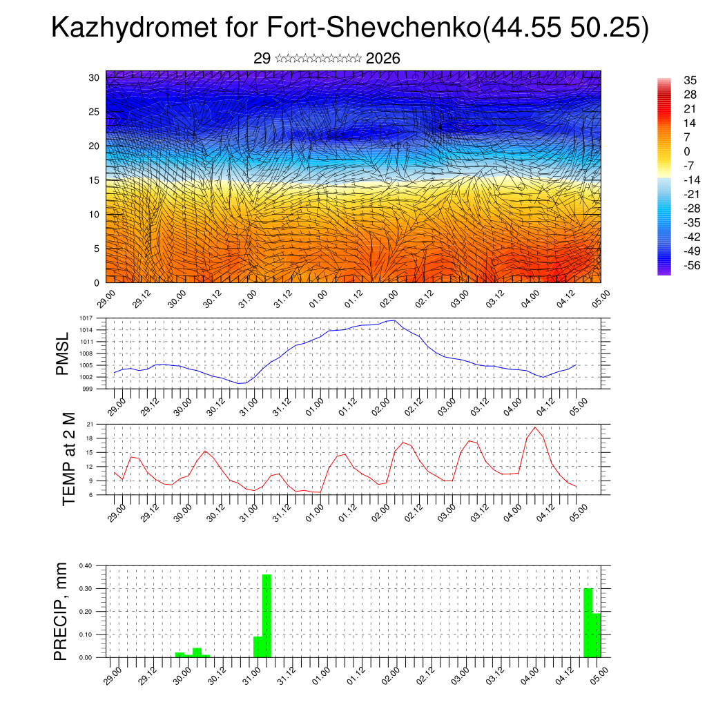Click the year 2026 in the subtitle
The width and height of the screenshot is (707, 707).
click(x=383, y=59)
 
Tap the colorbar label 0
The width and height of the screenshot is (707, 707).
click(x=686, y=151)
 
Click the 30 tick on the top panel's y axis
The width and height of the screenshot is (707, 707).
click(x=95, y=77)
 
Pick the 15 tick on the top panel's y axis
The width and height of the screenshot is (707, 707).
click(x=95, y=180)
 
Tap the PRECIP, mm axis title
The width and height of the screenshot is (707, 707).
click(x=62, y=612)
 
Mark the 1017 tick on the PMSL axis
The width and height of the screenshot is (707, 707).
click(x=86, y=318)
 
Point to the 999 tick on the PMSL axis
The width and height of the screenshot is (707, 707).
click(x=88, y=389)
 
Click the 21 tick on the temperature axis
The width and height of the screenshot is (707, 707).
click(x=90, y=424)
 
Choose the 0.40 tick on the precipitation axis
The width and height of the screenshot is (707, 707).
click(x=86, y=565)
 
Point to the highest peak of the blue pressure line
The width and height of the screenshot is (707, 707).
click(x=394, y=320)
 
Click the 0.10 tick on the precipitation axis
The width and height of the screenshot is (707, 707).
click(x=86, y=635)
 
